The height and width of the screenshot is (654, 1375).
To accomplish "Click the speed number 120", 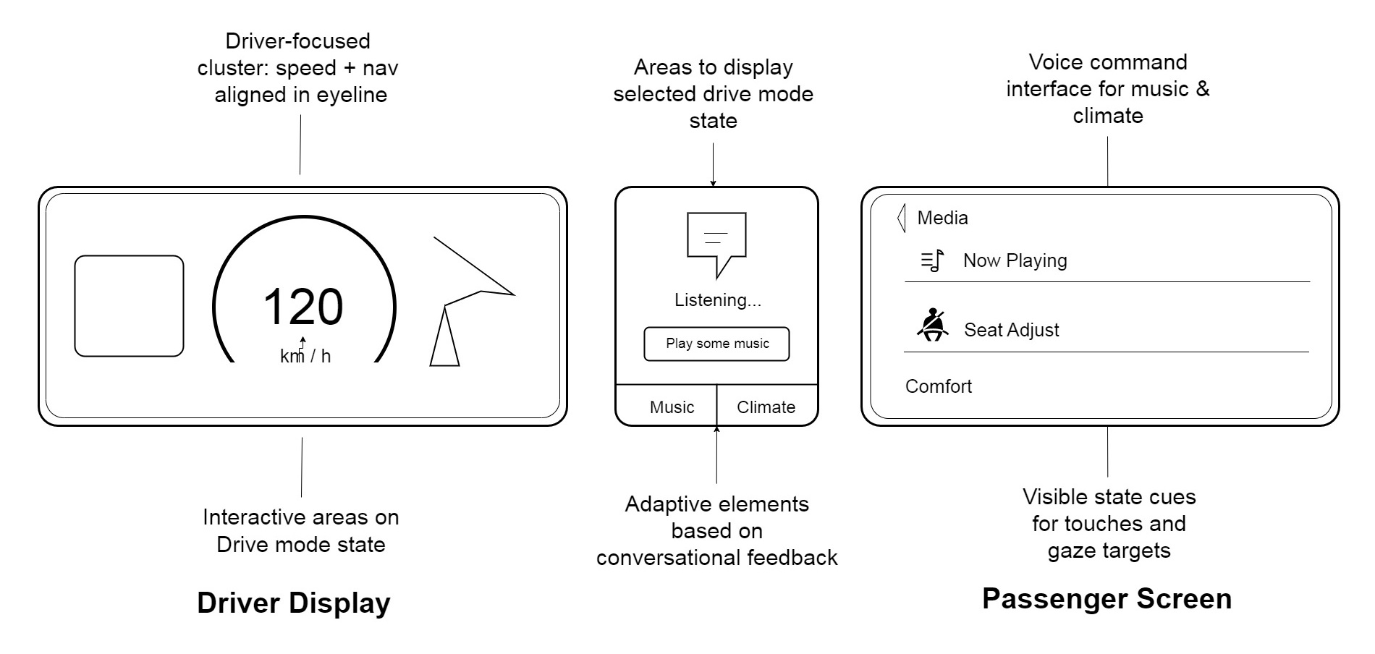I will [x=302, y=307].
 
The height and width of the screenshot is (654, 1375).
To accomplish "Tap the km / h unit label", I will [x=305, y=356].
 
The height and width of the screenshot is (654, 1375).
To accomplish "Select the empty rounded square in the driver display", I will [x=129, y=306].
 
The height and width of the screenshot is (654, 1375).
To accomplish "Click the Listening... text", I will [x=717, y=300].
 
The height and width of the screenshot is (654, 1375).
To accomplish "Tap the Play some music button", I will [x=716, y=344].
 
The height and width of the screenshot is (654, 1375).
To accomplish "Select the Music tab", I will [x=672, y=407].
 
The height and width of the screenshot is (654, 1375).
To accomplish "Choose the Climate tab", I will [x=766, y=407].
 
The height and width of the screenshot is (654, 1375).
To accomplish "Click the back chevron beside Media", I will [x=901, y=218].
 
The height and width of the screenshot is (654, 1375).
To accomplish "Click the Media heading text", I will [x=942, y=218].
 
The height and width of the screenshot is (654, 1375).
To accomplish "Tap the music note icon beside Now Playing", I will [x=932, y=260].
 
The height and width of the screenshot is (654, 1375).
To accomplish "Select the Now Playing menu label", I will [x=1015, y=260].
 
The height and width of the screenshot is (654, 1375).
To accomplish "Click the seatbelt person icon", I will [x=932, y=325].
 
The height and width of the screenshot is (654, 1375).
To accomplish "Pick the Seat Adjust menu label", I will [x=1011, y=330].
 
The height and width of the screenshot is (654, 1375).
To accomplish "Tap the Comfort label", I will [x=938, y=386].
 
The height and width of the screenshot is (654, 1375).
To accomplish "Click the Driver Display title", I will [x=293, y=603].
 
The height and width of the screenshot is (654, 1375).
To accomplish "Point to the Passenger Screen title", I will [x=1107, y=599].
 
